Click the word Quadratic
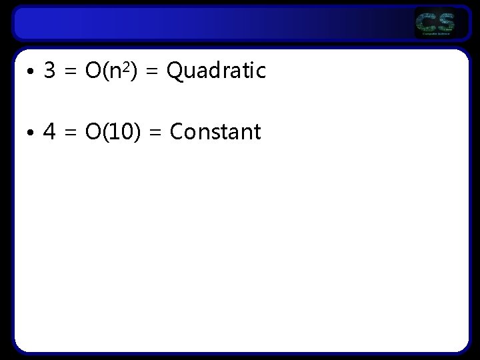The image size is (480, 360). point(216,70)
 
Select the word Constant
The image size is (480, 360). point(215,131)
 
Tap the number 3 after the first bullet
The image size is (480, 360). point(49,70)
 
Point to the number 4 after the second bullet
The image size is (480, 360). point(49,131)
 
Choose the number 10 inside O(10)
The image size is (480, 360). point(117,131)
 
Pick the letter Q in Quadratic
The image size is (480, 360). point(175,70)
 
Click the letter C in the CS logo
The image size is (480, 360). point(426,23)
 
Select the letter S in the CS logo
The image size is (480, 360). point(445,23)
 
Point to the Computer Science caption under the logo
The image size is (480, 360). point(435,34)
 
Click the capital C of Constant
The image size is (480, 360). point(177,131)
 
